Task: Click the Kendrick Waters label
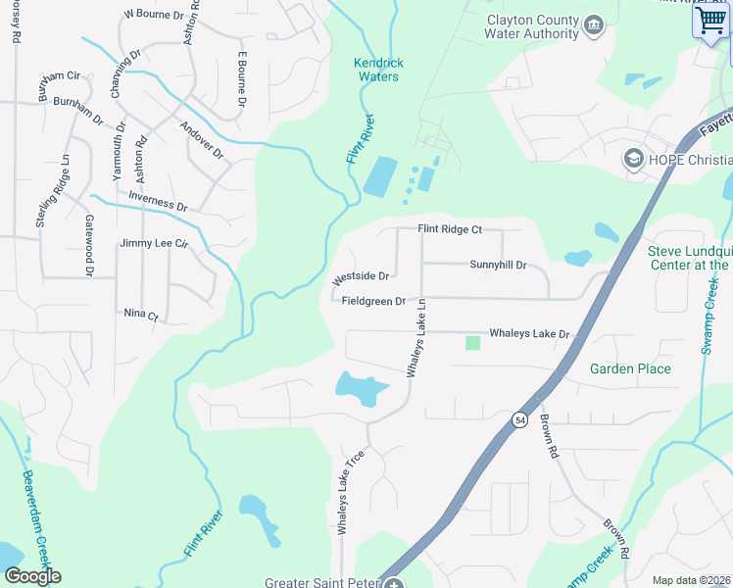coord(378,70)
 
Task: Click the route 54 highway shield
coord(516,419)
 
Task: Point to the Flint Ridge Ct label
coord(450,229)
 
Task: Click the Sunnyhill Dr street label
coord(498,266)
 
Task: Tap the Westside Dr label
coord(362,277)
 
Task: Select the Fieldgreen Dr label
coord(373,301)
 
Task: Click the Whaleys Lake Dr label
coord(529,334)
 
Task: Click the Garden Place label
coord(630,369)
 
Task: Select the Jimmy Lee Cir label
coord(153,243)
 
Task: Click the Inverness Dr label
coord(158,200)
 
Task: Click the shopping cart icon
coord(709,20)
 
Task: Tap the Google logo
coord(31,575)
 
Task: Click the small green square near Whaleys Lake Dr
coord(473,343)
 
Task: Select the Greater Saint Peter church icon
coord(393,584)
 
